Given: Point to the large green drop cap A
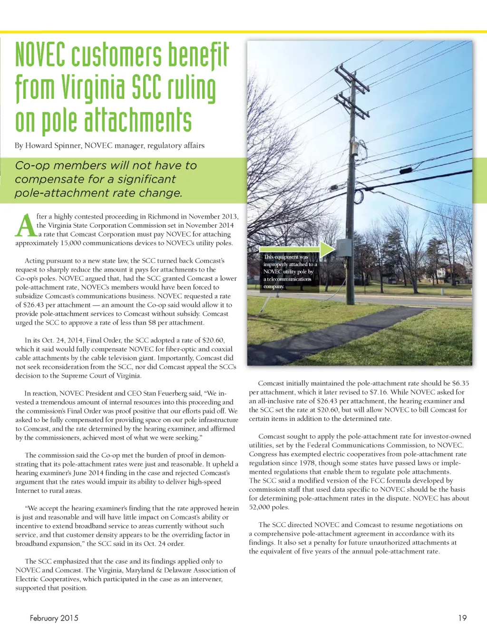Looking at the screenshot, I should [x=25, y=226].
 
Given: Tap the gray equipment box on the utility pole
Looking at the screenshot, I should [x=344, y=248].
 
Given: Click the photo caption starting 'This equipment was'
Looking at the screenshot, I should [x=289, y=271].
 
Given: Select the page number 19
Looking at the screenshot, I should [x=462, y=618].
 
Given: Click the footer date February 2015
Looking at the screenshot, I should [x=54, y=618].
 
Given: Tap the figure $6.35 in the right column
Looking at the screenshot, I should [x=460, y=383].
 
